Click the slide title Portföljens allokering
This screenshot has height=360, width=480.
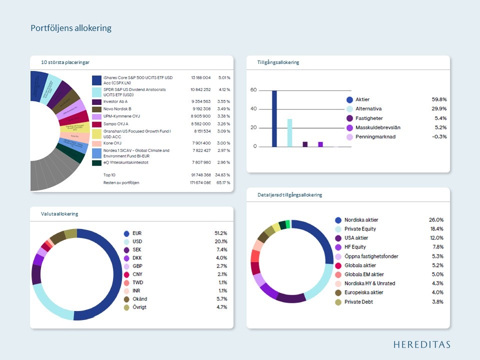click(x=71, y=28)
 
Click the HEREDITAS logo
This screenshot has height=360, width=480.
click(x=421, y=344)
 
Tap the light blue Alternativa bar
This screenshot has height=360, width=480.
click(x=289, y=132)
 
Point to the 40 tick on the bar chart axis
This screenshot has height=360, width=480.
click(x=253, y=108)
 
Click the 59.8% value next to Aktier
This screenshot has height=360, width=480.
click(x=439, y=99)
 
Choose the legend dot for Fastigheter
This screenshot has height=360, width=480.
click(x=350, y=118)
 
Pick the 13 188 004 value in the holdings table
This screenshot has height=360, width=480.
click(x=200, y=78)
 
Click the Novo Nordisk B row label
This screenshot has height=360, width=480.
click(x=117, y=108)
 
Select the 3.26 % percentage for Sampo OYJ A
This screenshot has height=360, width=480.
click(x=223, y=123)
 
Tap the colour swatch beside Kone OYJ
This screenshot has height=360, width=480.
click(x=97, y=143)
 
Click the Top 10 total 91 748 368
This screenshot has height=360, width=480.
click(x=200, y=174)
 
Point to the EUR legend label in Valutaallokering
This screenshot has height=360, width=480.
click(x=137, y=233)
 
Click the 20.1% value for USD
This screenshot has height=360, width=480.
click(x=220, y=241)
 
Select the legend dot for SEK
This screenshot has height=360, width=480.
click(x=126, y=249)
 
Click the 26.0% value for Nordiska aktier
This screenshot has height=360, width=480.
click(x=436, y=220)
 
